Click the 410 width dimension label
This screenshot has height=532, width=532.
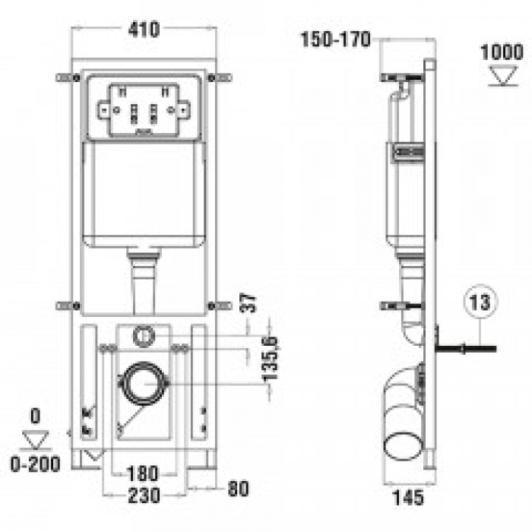click(144, 30)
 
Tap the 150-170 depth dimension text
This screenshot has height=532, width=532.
click(336, 40)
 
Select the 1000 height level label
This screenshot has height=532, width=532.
click(502, 52)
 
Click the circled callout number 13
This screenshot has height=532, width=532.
click(480, 302)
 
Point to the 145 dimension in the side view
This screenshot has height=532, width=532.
click(408, 497)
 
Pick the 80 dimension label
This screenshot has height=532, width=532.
click(238, 489)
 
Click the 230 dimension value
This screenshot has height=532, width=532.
click(144, 496)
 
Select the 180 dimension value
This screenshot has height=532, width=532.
click(143, 473)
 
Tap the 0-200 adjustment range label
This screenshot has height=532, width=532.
click(35, 464)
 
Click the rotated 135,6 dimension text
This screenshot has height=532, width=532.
click(271, 359)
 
